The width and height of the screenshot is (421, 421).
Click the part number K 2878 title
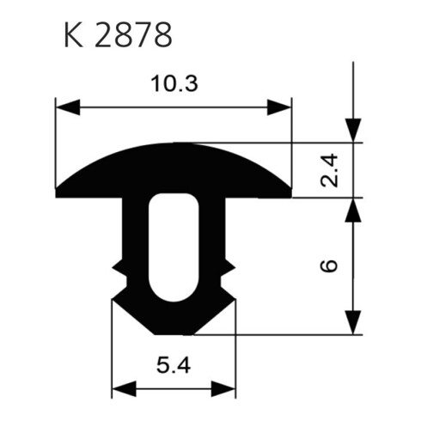[118, 35]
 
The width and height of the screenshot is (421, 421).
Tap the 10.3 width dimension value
[174, 83]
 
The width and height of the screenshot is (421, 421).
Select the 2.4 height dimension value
[329, 170]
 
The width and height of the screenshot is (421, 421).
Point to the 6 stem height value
[329, 265]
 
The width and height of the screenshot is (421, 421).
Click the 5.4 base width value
[174, 366]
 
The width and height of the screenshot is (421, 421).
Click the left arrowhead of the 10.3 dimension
[68, 107]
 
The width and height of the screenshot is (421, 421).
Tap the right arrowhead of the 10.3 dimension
[279, 107]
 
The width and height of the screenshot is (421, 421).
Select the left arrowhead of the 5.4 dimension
[124, 389]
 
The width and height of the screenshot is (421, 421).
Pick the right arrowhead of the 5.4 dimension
[223, 389]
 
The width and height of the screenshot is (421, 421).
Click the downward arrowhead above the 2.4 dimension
[353, 131]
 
